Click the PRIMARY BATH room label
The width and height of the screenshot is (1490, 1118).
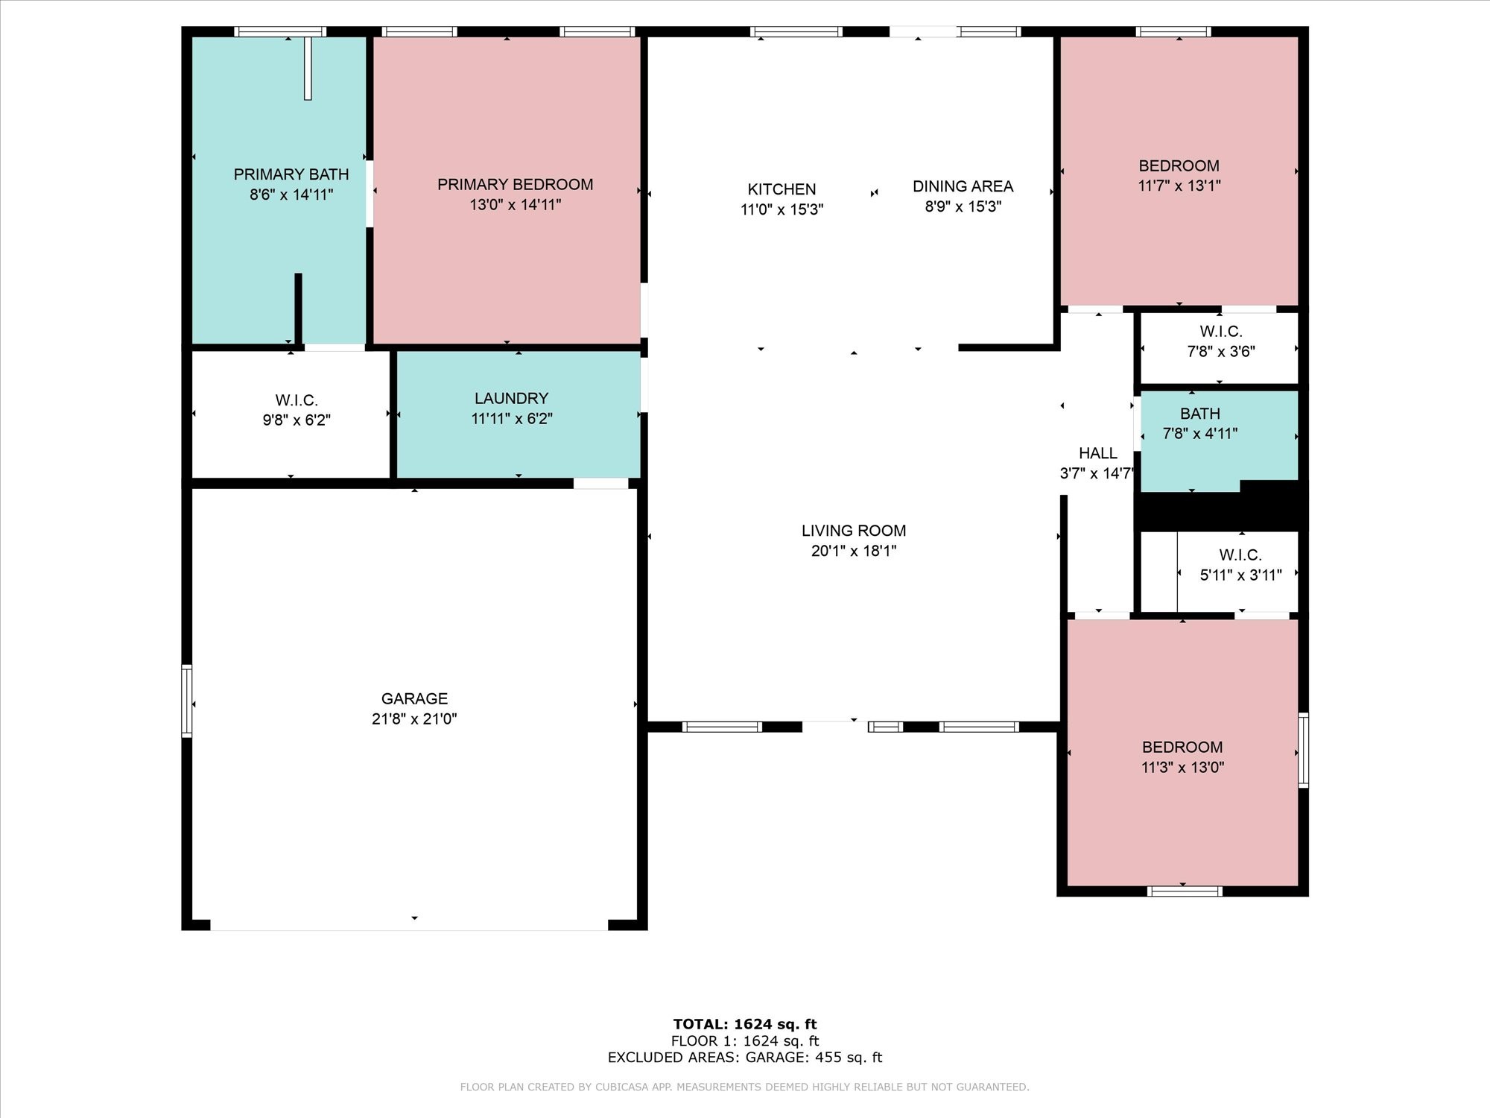(291, 174)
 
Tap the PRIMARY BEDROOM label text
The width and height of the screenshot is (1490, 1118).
(516, 184)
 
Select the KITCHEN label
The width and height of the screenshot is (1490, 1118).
(782, 189)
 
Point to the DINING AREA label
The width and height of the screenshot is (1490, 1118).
(963, 186)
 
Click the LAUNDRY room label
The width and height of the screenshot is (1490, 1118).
(512, 399)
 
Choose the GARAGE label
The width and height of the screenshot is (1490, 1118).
(415, 698)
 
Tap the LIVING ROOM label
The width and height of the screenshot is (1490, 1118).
(854, 531)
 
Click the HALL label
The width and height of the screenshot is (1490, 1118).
(1098, 453)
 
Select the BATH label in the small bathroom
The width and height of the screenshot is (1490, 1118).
(1200, 414)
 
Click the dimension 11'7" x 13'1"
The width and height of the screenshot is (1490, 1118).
(1179, 186)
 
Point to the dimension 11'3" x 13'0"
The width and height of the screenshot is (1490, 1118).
(1183, 767)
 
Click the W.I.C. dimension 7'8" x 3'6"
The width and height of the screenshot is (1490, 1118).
(1221, 351)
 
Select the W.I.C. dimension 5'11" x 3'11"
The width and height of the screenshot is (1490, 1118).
(1241, 575)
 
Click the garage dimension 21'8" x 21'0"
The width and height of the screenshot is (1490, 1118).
(415, 719)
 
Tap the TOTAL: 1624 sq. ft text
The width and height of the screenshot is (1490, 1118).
(745, 1024)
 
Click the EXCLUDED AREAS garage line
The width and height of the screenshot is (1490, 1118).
(745, 1058)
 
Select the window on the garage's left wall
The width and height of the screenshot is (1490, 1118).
(187, 701)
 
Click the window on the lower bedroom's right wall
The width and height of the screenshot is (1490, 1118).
(1303, 750)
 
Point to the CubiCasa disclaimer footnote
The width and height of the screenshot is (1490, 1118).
(745, 1087)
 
